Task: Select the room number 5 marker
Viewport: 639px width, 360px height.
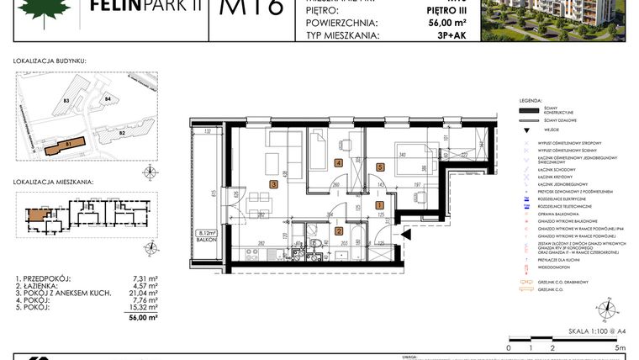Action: click(x=380, y=166)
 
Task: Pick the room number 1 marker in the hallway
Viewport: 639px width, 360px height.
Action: click(x=379, y=205)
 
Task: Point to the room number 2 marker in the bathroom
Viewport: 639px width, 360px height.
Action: click(x=339, y=230)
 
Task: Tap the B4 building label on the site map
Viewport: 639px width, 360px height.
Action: click(x=108, y=100)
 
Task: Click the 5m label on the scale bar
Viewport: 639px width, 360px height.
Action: click(x=621, y=347)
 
